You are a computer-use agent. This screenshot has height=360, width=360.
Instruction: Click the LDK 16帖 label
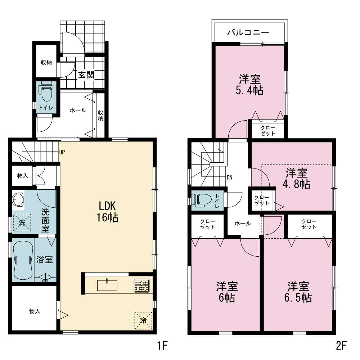pyautogui.click(x=107, y=212)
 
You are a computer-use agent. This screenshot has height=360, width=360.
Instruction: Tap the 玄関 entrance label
pyautogui.click(x=86, y=75)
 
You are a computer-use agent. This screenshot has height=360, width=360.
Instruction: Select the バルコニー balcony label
pyautogui.click(x=248, y=32)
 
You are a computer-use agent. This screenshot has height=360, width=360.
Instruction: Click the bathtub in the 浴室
pyautogui.click(x=23, y=260)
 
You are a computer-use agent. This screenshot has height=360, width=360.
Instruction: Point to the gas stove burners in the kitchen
pyautogui.click(x=141, y=285)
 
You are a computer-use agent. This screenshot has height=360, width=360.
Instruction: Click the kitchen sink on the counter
pyautogui.click(x=107, y=285)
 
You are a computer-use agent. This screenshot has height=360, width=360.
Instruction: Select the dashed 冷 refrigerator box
pyautogui.click(x=143, y=320)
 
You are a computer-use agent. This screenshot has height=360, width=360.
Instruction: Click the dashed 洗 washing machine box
pyautogui.click(x=22, y=222)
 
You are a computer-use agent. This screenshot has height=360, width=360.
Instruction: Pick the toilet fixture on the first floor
pyautogui.click(x=46, y=91)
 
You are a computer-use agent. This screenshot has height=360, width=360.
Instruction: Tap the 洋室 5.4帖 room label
pyautogui.click(x=249, y=85)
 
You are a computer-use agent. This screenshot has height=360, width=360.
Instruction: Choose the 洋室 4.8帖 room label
pyautogui.click(x=296, y=179)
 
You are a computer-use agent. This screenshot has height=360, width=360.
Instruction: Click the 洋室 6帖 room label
pyautogui.click(x=227, y=292)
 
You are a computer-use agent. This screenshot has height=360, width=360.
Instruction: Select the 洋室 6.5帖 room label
pyautogui.click(x=298, y=292)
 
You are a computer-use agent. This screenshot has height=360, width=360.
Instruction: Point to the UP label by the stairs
pyautogui.click(x=62, y=152)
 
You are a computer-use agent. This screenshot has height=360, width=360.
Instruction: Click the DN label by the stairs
pyautogui.click(x=229, y=177)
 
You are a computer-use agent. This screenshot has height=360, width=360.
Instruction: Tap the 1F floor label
pyautogui.click(x=163, y=345)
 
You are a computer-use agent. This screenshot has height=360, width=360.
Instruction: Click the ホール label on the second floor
pyautogui.click(x=243, y=223)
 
